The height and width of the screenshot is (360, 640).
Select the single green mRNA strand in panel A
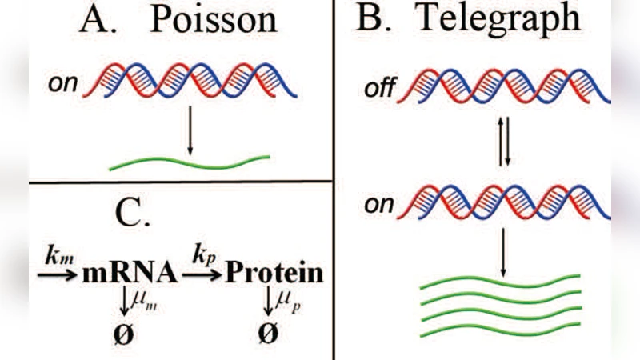pyautogui.click(x=189, y=162)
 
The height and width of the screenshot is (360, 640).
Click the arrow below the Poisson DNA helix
pyautogui.click(x=190, y=131)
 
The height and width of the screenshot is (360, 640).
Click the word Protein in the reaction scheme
pyautogui.click(x=275, y=274)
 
